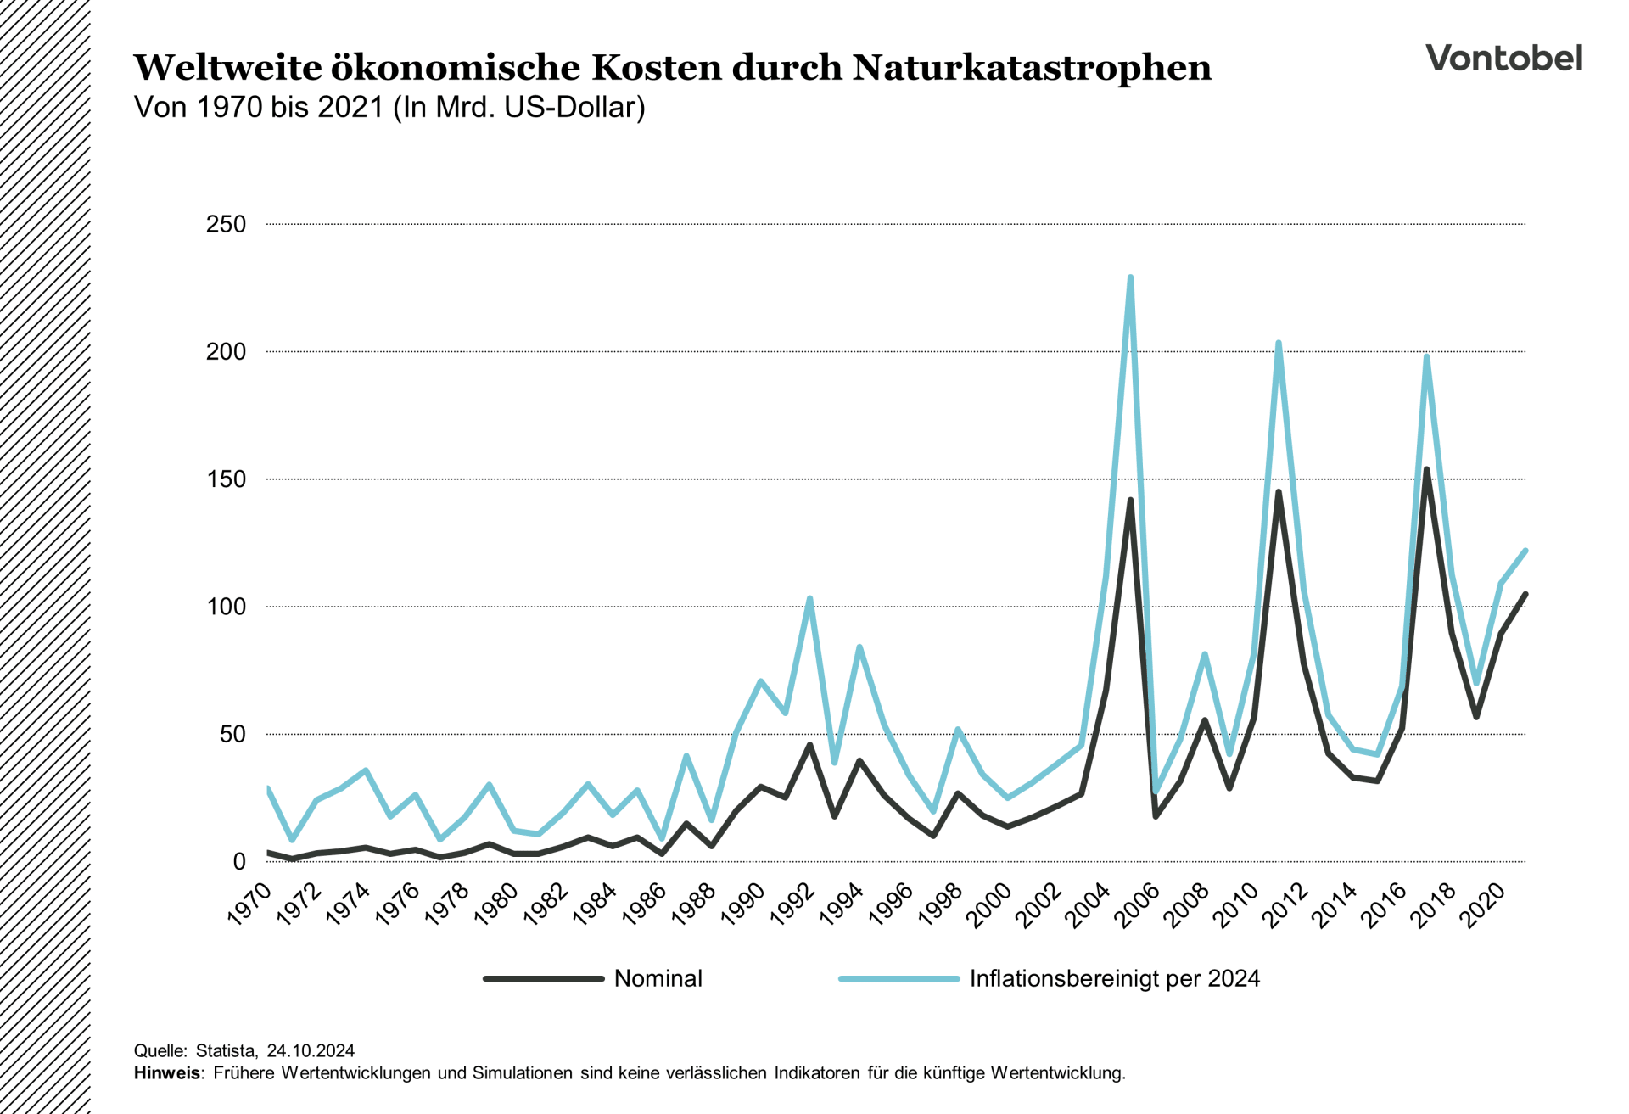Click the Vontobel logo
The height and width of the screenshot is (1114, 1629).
click(1503, 58)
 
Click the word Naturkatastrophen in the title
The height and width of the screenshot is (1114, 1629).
click(1032, 68)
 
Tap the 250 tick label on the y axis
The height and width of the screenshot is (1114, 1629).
click(226, 224)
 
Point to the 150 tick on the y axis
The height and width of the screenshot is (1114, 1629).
click(226, 479)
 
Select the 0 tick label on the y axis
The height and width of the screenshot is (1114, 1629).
click(238, 861)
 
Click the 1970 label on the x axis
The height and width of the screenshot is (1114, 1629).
click(249, 904)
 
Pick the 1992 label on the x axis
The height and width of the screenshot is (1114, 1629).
click(793, 904)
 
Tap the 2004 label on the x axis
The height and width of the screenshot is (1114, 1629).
click(1089, 904)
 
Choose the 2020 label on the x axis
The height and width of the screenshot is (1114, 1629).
click(1484, 904)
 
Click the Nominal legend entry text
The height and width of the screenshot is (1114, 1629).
click(658, 978)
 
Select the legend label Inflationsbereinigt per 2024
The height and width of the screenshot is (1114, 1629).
click(1114, 978)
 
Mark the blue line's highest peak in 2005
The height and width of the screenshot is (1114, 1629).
click(1130, 277)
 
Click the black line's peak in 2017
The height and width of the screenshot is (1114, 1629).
click(1426, 469)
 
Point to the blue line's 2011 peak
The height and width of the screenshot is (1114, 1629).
click(1279, 343)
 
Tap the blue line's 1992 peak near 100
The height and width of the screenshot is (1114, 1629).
click(809, 598)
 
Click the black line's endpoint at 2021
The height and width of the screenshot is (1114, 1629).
click(1525, 594)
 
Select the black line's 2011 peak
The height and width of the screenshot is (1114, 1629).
click(1279, 492)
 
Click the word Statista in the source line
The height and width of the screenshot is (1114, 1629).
click(226, 1050)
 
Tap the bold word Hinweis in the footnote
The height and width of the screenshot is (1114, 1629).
click(167, 1072)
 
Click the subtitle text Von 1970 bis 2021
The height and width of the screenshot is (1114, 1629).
click(259, 108)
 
